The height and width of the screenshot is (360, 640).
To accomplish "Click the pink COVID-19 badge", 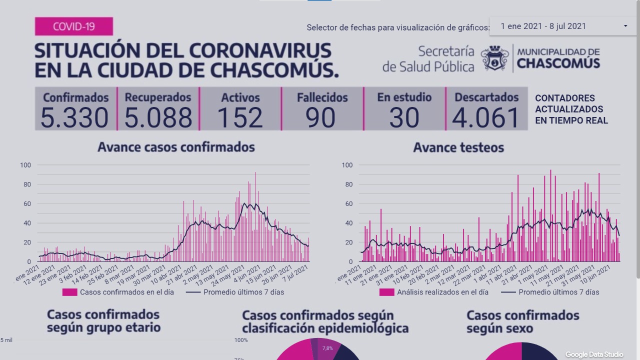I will [73, 26].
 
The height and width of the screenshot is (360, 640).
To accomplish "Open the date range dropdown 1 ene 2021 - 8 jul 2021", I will [562, 26].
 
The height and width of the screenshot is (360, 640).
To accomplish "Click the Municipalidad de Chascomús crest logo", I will [494, 58].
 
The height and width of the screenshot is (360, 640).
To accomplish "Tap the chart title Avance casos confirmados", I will [176, 147].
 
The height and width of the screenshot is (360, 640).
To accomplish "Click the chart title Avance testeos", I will [458, 147].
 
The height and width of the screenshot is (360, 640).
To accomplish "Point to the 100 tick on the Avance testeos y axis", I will [346, 165].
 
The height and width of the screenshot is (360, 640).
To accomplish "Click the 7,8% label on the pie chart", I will [327, 348].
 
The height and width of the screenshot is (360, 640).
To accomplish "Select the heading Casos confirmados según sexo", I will [522, 321].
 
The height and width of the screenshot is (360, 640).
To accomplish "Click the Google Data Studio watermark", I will [594, 354].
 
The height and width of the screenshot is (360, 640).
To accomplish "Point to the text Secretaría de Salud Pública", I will [428, 58].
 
